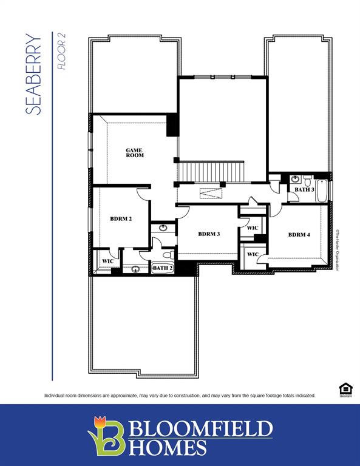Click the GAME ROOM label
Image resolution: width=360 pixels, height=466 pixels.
tap(135, 152)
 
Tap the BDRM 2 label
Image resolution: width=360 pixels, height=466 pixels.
tap(121, 218)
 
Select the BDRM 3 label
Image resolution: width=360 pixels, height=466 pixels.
tap(208, 234)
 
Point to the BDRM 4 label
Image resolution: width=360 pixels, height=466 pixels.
tap(299, 234)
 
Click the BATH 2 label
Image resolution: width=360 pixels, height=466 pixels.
tap(162, 268)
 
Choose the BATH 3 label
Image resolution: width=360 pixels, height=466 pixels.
tap(304, 190)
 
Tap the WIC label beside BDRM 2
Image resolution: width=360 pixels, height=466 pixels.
tap(107, 261)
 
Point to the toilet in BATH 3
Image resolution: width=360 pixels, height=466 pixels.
tap(308, 180)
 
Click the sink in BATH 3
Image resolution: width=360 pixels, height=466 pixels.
tap(295, 179)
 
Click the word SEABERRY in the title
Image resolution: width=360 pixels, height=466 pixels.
tap(34, 75)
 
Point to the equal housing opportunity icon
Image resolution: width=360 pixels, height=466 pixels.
tap(344, 389)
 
